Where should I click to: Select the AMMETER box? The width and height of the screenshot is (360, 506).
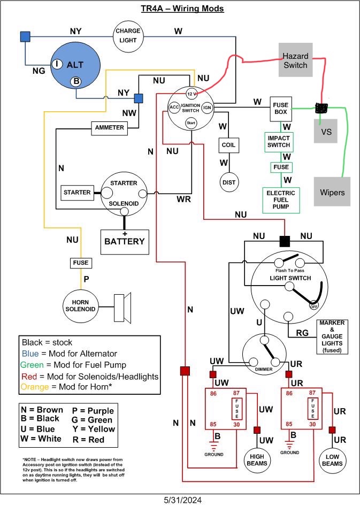pyautogui.click(x=109, y=128)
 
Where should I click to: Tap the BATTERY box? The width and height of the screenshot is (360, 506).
pyautogui.click(x=125, y=242)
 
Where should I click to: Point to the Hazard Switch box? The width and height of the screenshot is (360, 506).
pyautogui.click(x=295, y=60)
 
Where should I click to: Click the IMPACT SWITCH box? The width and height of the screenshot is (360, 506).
pyautogui.click(x=279, y=142)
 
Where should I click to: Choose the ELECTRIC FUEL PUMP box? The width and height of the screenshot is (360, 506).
pyautogui.click(x=281, y=200)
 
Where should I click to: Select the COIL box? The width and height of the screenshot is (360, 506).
pyautogui.click(x=228, y=145)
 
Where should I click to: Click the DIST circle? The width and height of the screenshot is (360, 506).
pyautogui.click(x=229, y=182)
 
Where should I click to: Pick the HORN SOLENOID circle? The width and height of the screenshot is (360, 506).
pyautogui.click(x=80, y=306)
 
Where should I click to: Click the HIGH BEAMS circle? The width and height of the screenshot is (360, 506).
pyautogui.click(x=257, y=460)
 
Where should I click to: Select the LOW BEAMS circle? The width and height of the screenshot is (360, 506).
pyautogui.click(x=332, y=461)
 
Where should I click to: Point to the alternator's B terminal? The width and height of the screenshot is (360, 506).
pyautogui.click(x=76, y=81)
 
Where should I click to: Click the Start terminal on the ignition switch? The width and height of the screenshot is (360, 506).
pyautogui.click(x=191, y=123)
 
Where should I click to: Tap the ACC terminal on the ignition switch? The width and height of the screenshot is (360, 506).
pyautogui.click(x=174, y=107)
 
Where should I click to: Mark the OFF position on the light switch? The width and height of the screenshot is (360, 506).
pyautogui.click(x=314, y=306)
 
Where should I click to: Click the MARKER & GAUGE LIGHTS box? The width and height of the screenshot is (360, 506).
pyautogui.click(x=332, y=336)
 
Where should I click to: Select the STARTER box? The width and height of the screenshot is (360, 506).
pyautogui.click(x=77, y=193)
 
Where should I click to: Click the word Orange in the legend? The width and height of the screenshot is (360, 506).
pyautogui.click(x=35, y=387)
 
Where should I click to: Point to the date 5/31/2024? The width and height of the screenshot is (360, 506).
pyautogui.click(x=183, y=500)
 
